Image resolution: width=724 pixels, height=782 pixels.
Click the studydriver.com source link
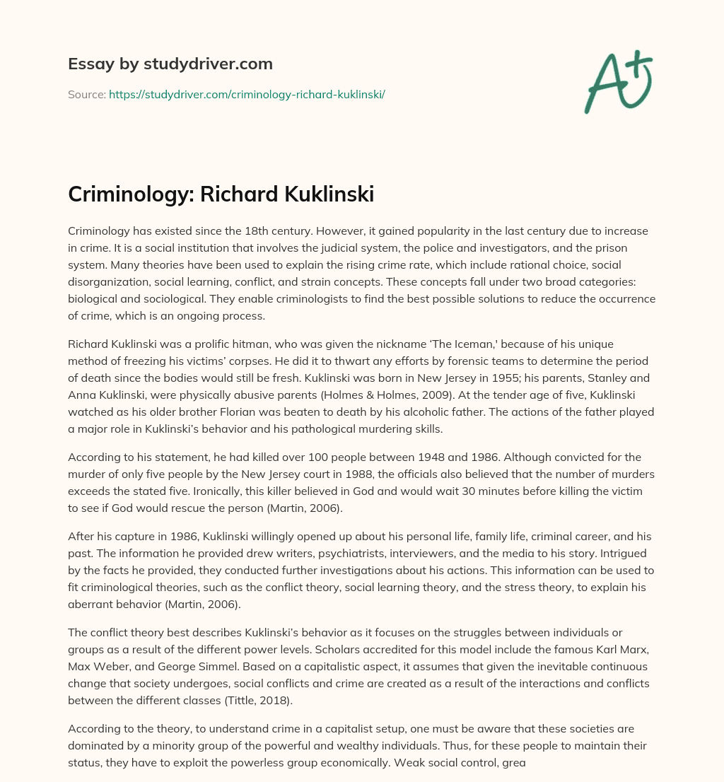pyautogui.click(x=247, y=94)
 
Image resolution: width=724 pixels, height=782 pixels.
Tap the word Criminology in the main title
pyautogui.click(x=129, y=194)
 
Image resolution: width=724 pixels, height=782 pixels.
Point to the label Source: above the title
pyautogui.click(x=86, y=94)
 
